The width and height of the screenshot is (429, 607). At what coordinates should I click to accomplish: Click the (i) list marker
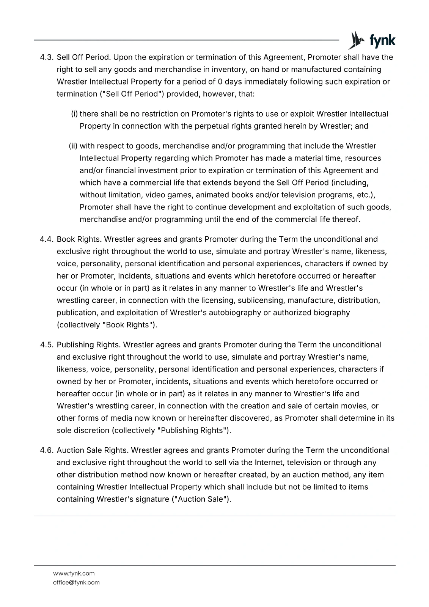pos(74,114)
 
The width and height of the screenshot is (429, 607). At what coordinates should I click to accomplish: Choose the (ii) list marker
pos(73,146)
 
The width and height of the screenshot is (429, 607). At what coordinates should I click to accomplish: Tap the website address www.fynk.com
pos(74,573)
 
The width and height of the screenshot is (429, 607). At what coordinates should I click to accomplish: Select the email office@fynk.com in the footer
pos(76,582)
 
